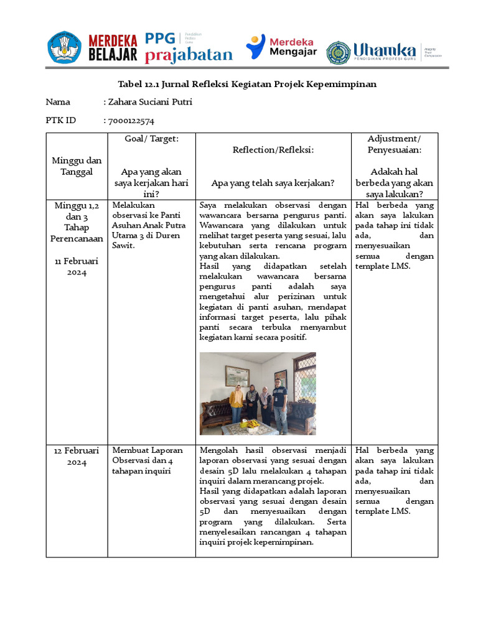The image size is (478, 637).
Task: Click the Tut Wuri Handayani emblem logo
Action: (x=64, y=47)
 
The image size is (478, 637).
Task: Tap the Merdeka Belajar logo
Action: (x=113, y=48)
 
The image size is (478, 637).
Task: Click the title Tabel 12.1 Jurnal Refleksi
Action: (x=247, y=84)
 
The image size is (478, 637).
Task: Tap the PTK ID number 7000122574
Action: (x=131, y=121)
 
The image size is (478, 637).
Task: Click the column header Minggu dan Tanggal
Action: (x=77, y=166)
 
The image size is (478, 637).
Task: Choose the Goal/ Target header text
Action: (x=152, y=138)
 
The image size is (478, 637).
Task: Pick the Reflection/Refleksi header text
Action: (x=273, y=150)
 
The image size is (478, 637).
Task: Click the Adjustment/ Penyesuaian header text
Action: (x=394, y=144)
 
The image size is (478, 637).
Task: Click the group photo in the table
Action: (x=257, y=393)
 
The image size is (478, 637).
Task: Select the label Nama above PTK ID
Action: (x=58, y=102)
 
